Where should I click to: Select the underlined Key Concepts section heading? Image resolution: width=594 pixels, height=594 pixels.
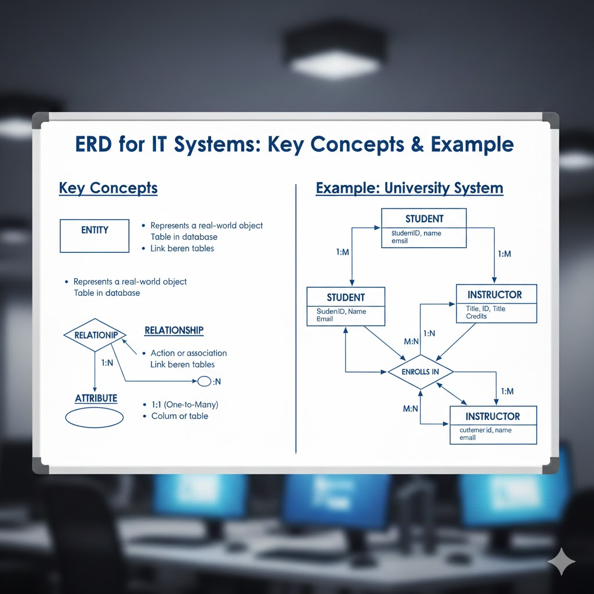108,189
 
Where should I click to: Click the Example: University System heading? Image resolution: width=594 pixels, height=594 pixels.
409,189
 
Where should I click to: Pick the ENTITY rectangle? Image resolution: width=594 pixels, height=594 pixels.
95,236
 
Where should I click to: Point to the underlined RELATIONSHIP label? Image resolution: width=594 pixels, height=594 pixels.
174,331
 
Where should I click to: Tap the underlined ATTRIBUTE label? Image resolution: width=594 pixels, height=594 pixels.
96,399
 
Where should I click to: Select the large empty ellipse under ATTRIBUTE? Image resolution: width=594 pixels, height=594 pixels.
95,418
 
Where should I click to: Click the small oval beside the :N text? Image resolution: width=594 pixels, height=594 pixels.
205,382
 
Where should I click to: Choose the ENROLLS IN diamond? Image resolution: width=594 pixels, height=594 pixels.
420,371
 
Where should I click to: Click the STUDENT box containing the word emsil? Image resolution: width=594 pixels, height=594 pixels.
424,228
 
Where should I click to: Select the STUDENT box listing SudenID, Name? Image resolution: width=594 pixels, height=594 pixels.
346,307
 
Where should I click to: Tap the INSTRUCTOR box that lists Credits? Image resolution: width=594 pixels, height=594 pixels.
496,303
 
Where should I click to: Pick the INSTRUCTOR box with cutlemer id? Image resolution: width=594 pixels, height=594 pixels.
493,425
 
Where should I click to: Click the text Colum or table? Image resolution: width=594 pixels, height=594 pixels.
179,416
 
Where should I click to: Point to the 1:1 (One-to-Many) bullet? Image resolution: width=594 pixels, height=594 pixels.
184,404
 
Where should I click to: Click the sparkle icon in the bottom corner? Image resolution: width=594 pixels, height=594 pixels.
561,562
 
